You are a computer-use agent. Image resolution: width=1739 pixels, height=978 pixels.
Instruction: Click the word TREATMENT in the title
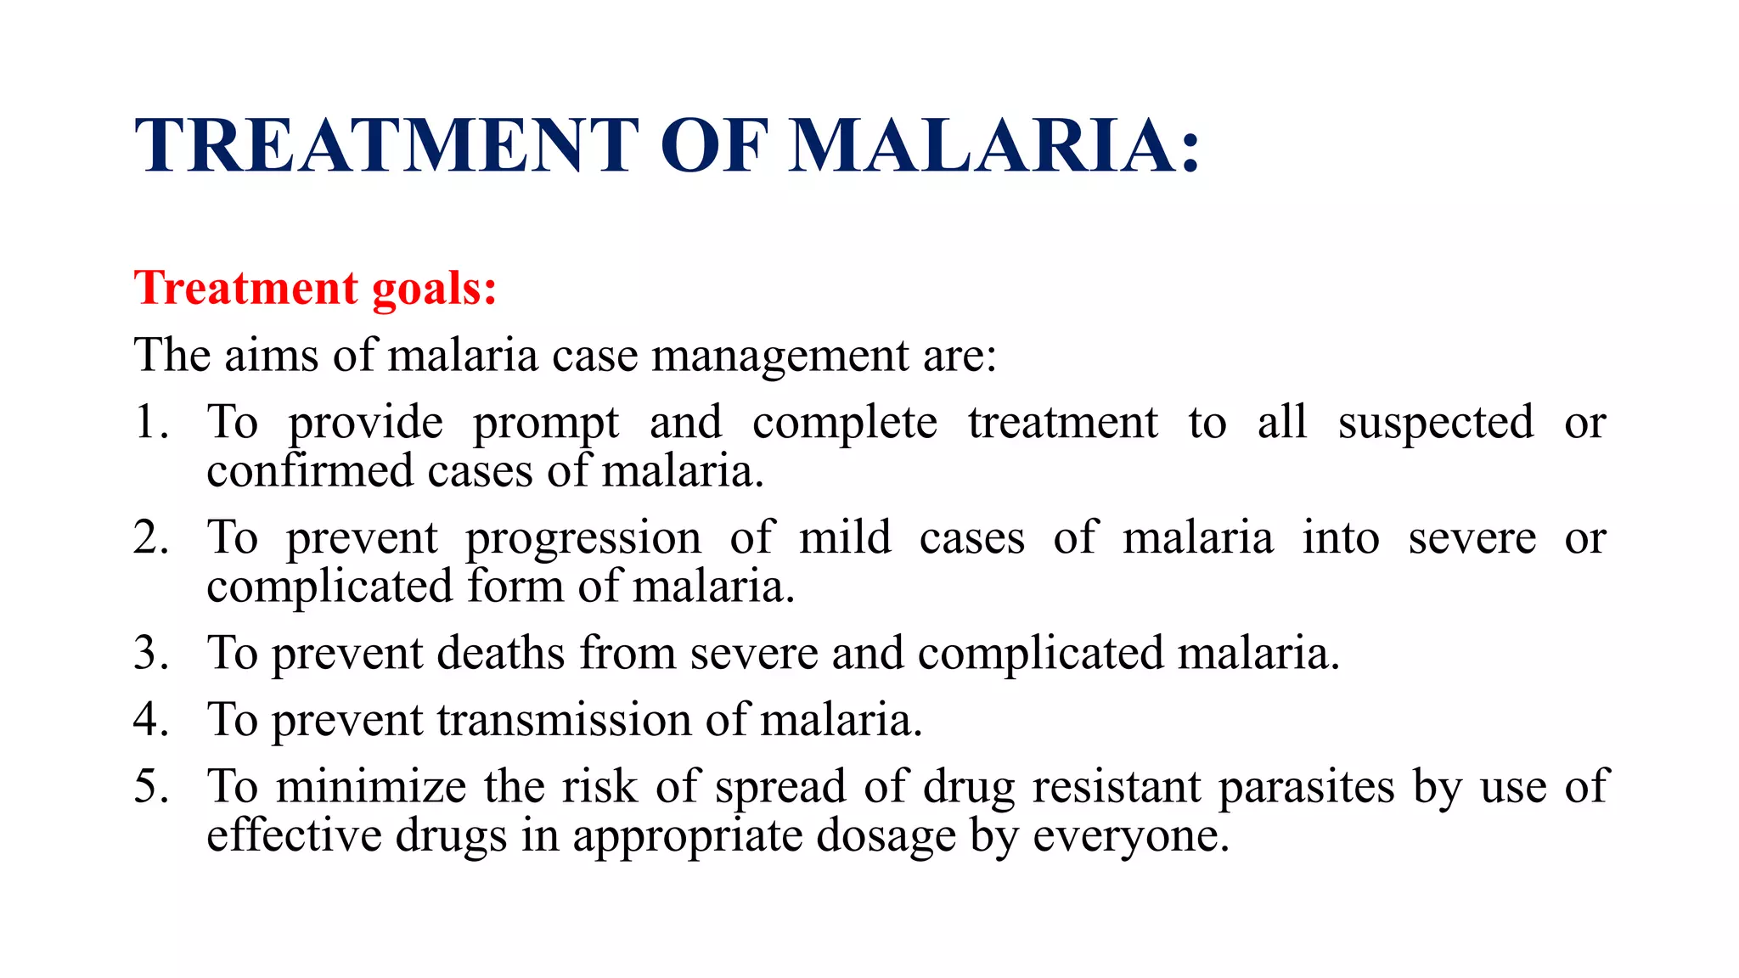(x=386, y=146)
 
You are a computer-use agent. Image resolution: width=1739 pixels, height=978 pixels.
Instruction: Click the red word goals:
(x=434, y=289)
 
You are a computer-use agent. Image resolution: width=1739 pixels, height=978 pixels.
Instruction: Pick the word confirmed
(x=309, y=471)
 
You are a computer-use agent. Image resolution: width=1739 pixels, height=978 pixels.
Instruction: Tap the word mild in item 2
(x=845, y=537)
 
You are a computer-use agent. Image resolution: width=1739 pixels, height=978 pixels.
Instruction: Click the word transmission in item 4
(x=564, y=720)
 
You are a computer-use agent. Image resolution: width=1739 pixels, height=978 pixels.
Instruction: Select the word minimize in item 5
(x=371, y=786)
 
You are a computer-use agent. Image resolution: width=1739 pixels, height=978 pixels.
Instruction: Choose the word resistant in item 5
(x=1116, y=786)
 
